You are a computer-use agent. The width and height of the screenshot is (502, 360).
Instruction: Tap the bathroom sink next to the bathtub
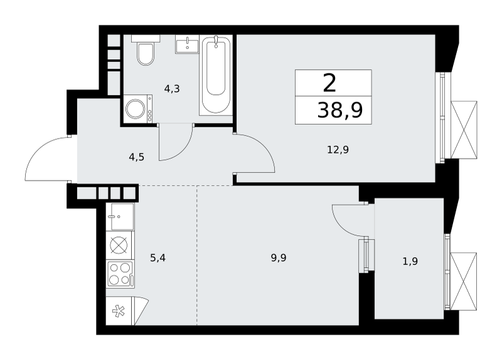click(x=187, y=45)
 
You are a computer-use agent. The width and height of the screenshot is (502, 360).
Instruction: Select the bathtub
click(x=216, y=75)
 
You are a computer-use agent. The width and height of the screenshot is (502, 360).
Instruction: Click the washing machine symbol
click(x=137, y=109)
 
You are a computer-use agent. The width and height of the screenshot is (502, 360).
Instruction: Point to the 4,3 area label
click(x=172, y=89)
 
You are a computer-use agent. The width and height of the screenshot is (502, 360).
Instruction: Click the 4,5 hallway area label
click(x=136, y=157)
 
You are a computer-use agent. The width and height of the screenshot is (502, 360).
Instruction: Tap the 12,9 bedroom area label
click(x=338, y=149)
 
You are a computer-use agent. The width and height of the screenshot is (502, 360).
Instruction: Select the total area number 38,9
click(x=340, y=110)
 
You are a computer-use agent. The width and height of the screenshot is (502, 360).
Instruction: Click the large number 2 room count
click(x=330, y=83)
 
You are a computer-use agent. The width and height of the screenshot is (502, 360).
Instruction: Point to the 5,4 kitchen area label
click(x=158, y=258)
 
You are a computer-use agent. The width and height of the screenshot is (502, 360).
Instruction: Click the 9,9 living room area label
click(x=279, y=258)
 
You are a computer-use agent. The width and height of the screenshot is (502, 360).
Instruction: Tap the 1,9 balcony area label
click(x=410, y=262)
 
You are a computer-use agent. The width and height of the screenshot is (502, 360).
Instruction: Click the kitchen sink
click(x=122, y=216)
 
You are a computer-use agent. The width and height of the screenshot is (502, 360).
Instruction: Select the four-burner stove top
click(x=120, y=274)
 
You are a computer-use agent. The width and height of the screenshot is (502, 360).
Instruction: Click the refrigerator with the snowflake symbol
click(x=127, y=310)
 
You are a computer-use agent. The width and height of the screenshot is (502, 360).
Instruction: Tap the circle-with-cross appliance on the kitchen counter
click(x=119, y=245)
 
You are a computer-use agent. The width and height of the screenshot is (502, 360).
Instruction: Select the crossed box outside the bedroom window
click(x=464, y=130)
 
